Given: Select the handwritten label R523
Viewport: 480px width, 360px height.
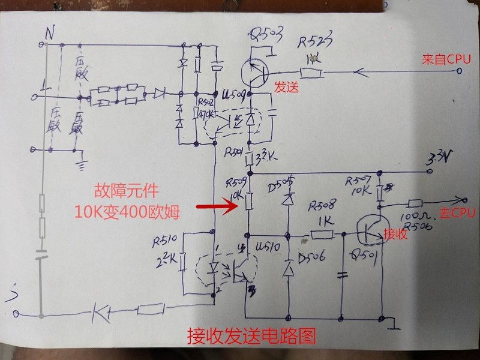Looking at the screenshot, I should [x=315, y=44].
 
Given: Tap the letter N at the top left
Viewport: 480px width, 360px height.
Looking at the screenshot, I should [x=50, y=34].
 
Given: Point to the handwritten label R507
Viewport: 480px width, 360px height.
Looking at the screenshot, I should [x=358, y=181].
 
